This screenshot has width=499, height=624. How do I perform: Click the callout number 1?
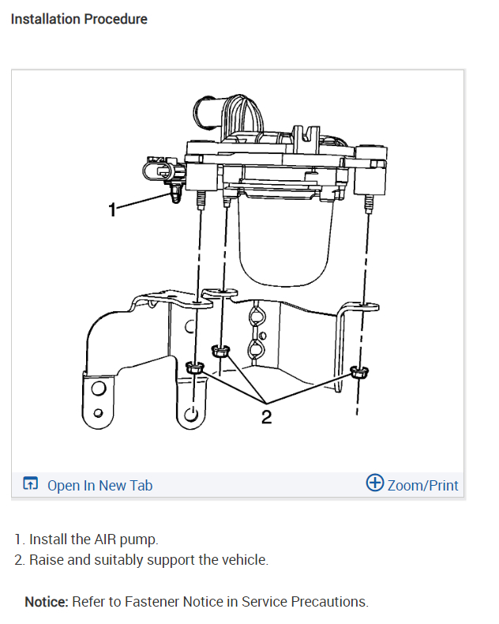(x=113, y=209)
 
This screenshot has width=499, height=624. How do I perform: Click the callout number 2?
(x=266, y=416)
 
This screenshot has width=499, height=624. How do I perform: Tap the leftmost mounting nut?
(x=193, y=367)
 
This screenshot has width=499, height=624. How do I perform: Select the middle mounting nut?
(x=219, y=350)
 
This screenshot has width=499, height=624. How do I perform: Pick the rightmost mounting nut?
(x=359, y=372)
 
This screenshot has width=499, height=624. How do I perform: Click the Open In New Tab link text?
(x=99, y=485)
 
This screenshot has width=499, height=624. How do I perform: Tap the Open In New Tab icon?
(x=31, y=484)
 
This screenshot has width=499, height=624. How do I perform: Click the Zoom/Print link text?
(x=422, y=485)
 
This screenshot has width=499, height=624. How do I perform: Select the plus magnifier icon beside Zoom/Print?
(x=375, y=483)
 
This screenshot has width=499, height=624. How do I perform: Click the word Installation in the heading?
(x=45, y=18)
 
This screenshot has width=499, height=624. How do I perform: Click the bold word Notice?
(x=46, y=601)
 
